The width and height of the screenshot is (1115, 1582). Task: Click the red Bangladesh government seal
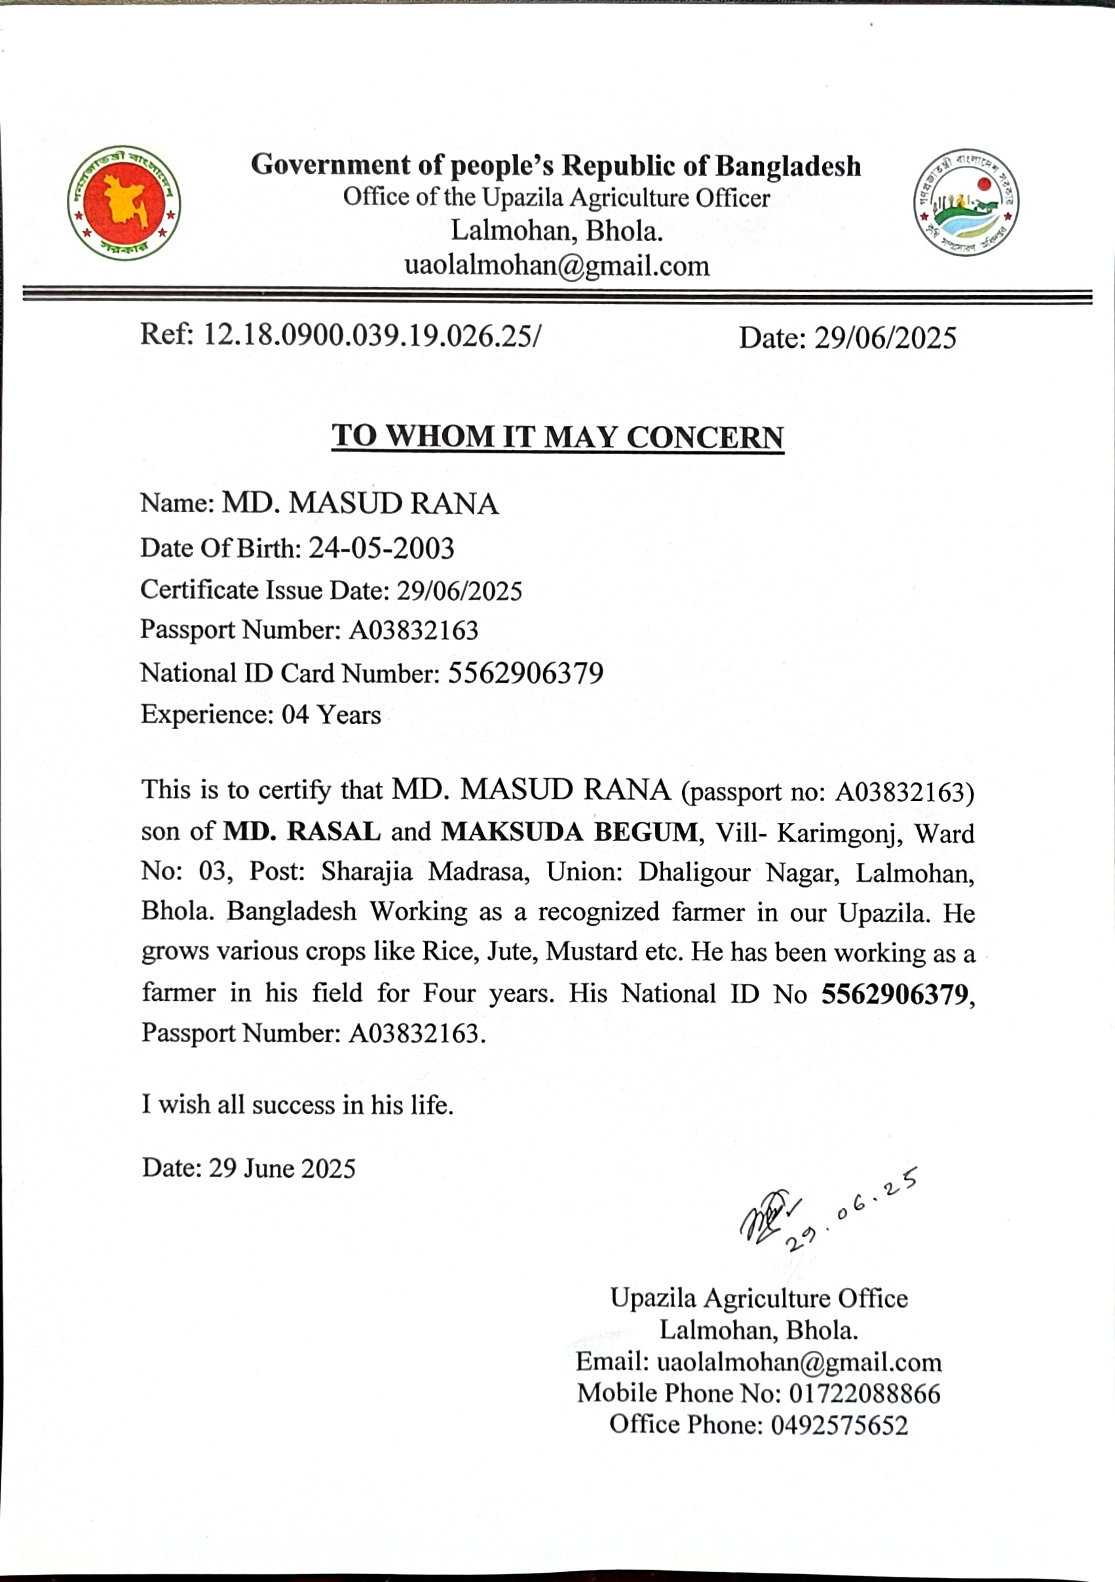124,203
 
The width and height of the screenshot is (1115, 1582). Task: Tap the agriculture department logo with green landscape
966,202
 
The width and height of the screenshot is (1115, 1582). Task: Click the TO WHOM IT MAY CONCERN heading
557,437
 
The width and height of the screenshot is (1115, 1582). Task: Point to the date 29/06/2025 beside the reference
885,338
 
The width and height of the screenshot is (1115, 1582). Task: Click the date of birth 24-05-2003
381,548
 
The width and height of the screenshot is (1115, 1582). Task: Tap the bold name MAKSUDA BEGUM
569,833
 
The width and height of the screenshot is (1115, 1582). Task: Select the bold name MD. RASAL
302,832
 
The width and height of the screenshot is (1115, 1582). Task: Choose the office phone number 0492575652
839,1425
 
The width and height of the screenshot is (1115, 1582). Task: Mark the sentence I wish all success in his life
297,1104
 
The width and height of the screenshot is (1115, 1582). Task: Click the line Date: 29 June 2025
249,1169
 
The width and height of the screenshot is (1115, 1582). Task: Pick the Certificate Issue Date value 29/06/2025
460,590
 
